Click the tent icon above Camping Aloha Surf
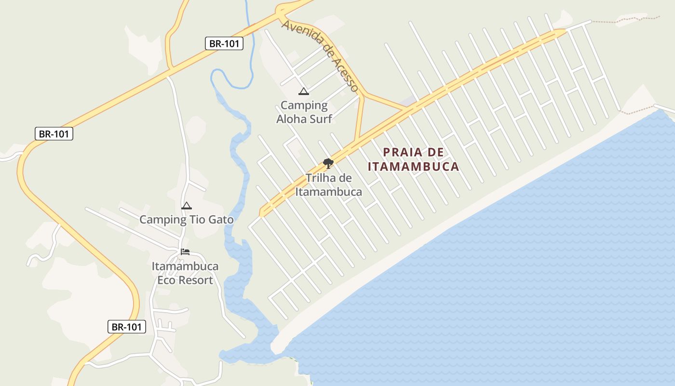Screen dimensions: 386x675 (303, 91)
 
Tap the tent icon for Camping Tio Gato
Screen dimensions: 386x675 (186, 206)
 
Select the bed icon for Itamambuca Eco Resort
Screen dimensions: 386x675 (185, 251)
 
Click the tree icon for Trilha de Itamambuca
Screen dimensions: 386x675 (328, 163)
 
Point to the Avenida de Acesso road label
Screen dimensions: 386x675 (320, 55)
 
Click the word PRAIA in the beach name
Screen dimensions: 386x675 (402, 152)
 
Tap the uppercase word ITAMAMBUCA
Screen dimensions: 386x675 (413, 167)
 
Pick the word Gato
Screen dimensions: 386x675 (221, 220)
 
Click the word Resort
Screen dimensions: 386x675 (195, 280)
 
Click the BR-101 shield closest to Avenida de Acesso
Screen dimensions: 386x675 (224, 43)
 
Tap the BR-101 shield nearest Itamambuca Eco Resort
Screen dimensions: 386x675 (126, 327)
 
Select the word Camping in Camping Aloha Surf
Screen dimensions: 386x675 (304, 105)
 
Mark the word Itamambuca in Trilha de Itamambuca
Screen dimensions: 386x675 (328, 192)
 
